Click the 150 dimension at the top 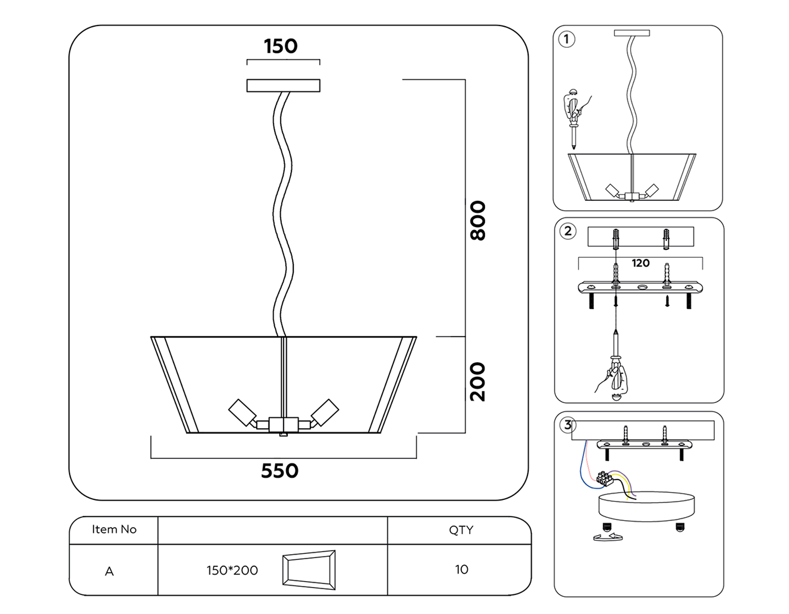coord(281,46)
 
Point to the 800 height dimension coord(477,221)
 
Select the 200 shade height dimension coord(477,382)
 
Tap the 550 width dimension coord(280,471)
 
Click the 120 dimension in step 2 coord(640,263)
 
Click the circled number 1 coord(566,39)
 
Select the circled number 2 coord(568,231)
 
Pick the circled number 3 coord(568,425)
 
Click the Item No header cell coord(114,529)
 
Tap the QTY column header coord(461,530)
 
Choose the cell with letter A coord(109,571)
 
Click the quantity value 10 coord(461,569)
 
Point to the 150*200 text coord(232,570)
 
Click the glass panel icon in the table coord(309,570)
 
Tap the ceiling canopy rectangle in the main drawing coord(283,86)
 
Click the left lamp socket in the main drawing coord(242,412)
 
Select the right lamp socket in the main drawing coord(325,412)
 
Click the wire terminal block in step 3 coord(604,478)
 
